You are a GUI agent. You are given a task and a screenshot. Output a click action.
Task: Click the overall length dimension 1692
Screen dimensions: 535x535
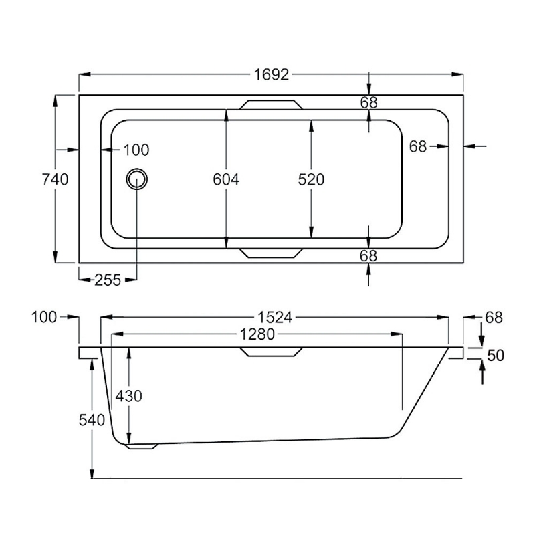pyautogui.click(x=271, y=74)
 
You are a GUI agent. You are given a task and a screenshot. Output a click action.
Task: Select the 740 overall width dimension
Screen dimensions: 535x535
pyautogui.click(x=55, y=179)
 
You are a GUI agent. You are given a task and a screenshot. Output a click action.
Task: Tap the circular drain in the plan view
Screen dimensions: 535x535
pyautogui.click(x=137, y=179)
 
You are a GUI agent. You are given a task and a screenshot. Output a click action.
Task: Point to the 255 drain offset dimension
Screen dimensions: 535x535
pyautogui.click(x=107, y=280)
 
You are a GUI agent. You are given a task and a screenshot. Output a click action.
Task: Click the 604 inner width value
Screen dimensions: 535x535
pyautogui.click(x=225, y=179)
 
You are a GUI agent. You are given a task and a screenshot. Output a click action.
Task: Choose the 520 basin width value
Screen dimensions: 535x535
pyautogui.click(x=311, y=179)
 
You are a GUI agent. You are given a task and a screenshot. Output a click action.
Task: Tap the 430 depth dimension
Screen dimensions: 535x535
pyautogui.click(x=128, y=396)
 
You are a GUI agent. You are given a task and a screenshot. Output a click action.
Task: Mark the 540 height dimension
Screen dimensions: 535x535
pyautogui.click(x=92, y=420)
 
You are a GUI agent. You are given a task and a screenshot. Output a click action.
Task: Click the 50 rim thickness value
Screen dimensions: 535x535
pyautogui.click(x=495, y=356)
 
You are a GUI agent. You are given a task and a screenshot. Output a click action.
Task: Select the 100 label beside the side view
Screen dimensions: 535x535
pyautogui.click(x=44, y=318)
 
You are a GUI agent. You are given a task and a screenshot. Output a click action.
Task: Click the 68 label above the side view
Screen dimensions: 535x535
pyautogui.click(x=493, y=318)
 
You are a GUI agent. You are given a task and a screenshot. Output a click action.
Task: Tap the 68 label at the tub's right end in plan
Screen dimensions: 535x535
pyautogui.click(x=418, y=146)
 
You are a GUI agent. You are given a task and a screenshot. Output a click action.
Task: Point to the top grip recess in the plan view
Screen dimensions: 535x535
pyautogui.click(x=272, y=105)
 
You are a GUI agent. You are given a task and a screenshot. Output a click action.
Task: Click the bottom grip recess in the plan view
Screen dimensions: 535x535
pyautogui.click(x=272, y=253)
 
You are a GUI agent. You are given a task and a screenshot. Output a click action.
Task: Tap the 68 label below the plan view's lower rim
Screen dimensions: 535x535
pyautogui.click(x=368, y=256)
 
